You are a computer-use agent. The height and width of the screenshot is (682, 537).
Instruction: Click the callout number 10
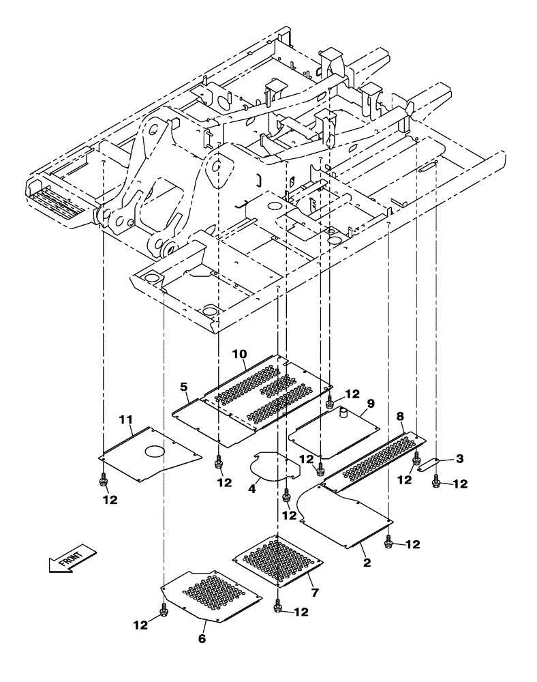(x=239, y=354)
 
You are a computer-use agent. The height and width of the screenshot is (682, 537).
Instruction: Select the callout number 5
(x=183, y=387)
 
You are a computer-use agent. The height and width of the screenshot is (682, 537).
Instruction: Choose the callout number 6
(x=202, y=639)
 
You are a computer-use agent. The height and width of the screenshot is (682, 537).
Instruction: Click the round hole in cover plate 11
(x=153, y=451)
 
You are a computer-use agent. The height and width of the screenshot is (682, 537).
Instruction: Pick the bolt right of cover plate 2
(x=388, y=542)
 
